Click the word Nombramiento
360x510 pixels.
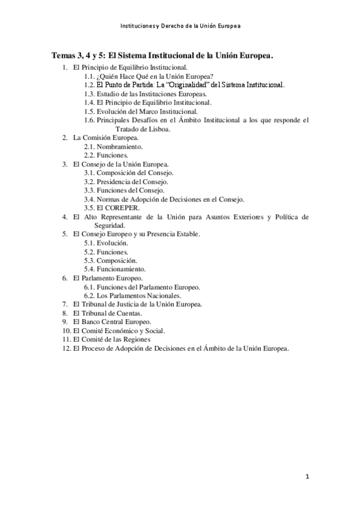tap(120, 146)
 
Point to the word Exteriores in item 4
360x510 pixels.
tap(234, 217)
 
